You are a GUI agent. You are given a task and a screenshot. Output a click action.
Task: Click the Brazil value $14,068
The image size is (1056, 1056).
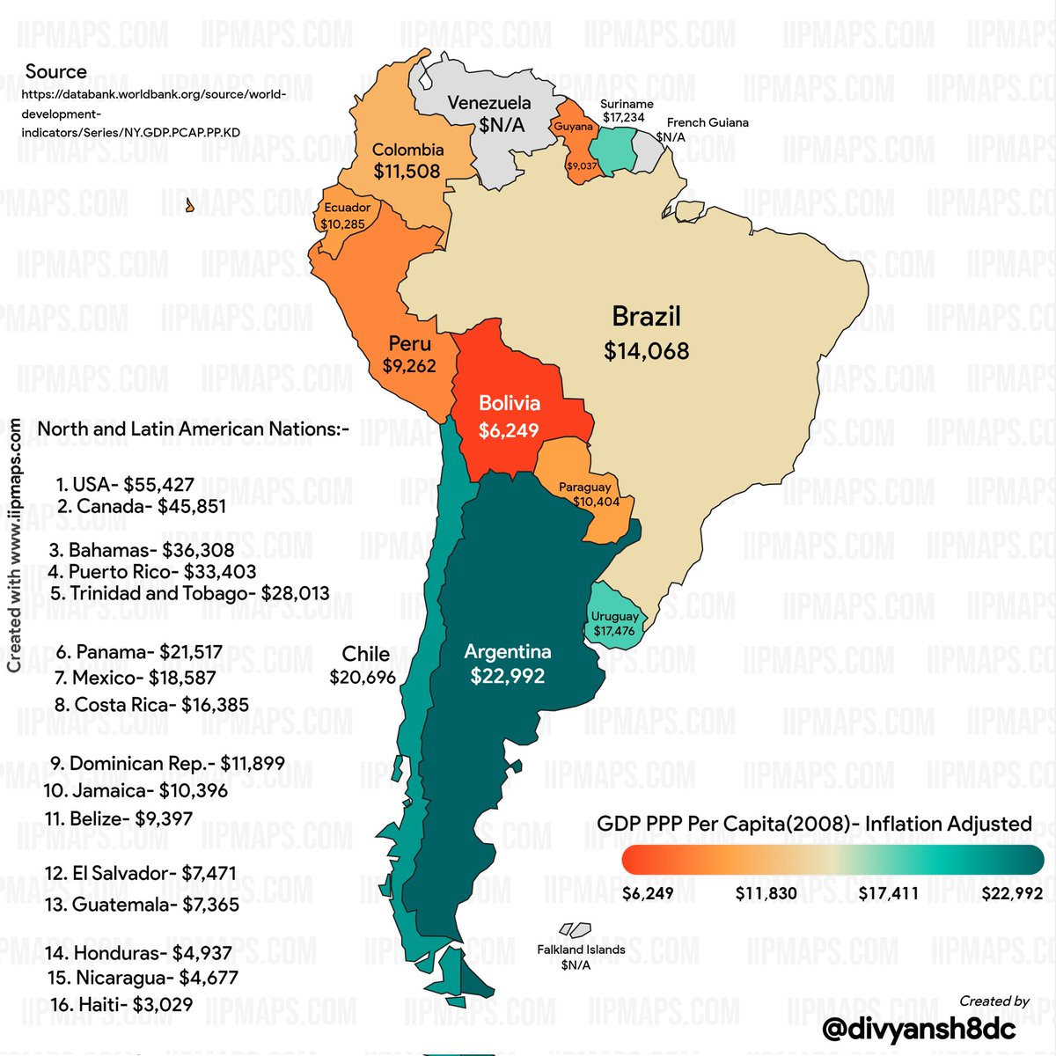(646, 351)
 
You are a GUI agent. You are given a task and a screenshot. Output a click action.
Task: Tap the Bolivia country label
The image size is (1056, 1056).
(509, 404)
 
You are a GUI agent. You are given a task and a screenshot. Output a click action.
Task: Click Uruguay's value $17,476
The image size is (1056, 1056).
(614, 631)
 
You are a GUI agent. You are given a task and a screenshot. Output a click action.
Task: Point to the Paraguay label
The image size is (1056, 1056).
(584, 487)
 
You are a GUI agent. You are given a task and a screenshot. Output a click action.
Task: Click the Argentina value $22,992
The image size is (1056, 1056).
(507, 677)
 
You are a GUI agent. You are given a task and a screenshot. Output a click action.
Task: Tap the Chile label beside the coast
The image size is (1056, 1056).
(365, 654)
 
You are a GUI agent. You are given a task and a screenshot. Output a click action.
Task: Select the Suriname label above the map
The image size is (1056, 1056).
(627, 104)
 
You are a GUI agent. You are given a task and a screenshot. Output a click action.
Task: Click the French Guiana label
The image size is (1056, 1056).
(708, 122)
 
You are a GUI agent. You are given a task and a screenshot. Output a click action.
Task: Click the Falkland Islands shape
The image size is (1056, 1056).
(574, 929)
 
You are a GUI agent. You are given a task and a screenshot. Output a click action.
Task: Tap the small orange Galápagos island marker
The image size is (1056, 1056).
(189, 206)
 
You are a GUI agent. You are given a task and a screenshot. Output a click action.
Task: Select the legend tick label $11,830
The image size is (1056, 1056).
(766, 894)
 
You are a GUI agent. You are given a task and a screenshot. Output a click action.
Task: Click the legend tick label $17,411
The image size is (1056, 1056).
(888, 894)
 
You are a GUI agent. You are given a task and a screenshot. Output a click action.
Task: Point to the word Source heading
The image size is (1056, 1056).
(56, 72)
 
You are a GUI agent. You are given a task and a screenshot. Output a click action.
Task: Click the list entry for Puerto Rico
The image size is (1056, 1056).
(163, 572)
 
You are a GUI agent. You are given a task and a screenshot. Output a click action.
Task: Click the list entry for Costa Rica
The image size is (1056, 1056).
(151, 705)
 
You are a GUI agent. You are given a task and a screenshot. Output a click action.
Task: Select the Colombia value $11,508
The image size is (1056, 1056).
(407, 171)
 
